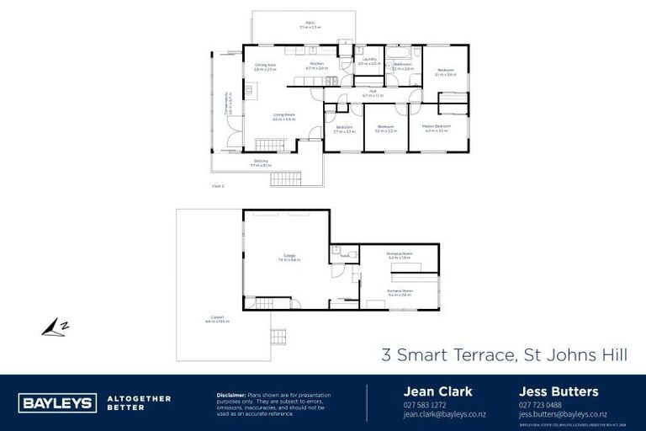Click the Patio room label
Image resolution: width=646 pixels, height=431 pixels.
click(310, 25)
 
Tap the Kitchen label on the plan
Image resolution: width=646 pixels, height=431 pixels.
click(316, 66)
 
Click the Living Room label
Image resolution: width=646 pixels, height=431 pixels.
click(283, 116)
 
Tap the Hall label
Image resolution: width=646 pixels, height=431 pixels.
click(372, 93)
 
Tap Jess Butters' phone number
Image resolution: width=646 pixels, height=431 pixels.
click(540, 406)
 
